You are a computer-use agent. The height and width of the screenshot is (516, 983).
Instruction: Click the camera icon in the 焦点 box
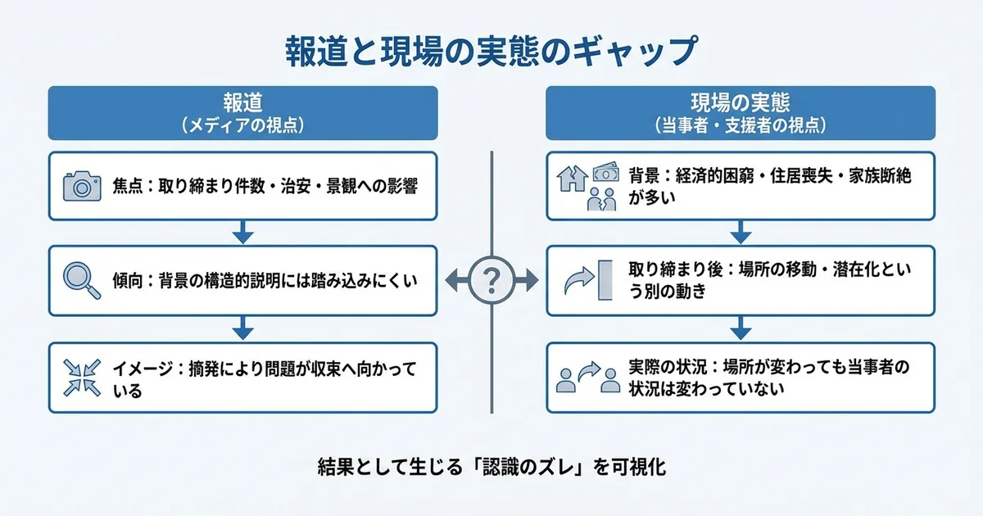point(81,186)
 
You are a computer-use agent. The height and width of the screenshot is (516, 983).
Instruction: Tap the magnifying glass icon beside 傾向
point(80,280)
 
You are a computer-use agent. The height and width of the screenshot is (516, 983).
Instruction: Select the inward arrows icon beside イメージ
point(80,378)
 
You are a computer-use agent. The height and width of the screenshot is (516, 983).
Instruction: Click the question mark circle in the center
point(491,281)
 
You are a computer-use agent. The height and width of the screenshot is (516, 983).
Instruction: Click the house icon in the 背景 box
point(572,179)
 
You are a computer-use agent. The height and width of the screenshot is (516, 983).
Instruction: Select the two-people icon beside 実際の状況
point(587,378)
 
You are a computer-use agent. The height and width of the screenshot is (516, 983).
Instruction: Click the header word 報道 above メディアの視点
point(242,103)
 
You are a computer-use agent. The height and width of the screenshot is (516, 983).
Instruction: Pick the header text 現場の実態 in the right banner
point(740,103)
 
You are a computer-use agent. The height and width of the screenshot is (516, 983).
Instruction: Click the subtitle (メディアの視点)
point(242,125)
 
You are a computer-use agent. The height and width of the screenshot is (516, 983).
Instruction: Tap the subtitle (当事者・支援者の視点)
point(740,125)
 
